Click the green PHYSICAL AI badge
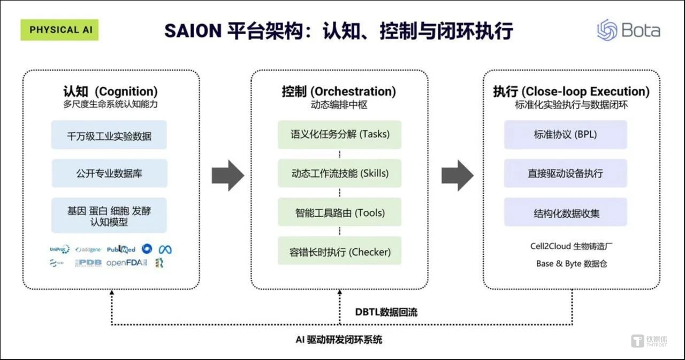coord(59,30)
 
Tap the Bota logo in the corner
coord(628,30)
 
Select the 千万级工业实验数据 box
coord(109,135)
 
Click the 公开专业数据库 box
coord(109,173)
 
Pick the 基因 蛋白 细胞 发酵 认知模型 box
coord(109,216)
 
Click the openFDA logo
coord(126,263)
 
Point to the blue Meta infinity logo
coord(165,249)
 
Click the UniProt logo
coord(59,249)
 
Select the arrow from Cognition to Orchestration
coord(227,175)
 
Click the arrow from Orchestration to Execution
coord(457,175)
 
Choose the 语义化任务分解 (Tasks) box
coord(340,134)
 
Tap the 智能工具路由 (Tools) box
coord(340,213)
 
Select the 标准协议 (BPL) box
coord(565,134)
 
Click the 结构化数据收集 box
coord(565,213)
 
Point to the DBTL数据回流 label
coord(386,312)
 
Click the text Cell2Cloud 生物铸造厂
coord(571,247)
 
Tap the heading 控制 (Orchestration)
coord(339,91)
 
